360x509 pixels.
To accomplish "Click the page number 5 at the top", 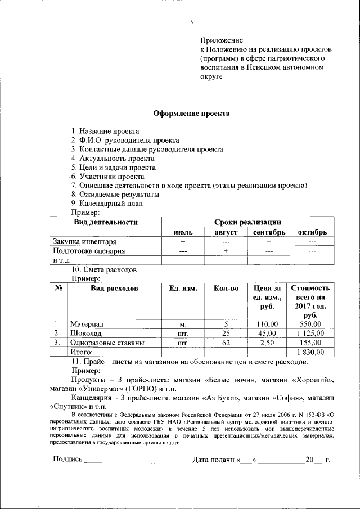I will [191, 22].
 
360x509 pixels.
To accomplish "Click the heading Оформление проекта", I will [192, 113].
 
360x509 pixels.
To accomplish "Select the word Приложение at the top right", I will [222, 41].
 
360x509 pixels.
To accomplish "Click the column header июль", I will [183, 232].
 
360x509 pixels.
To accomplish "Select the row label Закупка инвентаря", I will [84, 241].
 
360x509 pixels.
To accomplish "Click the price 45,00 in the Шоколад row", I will [267, 333].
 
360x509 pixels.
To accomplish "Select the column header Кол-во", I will [226, 288].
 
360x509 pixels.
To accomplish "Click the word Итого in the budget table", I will [81, 352].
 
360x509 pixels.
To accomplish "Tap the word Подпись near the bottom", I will [67, 460].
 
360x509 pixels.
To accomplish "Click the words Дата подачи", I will [213, 460].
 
